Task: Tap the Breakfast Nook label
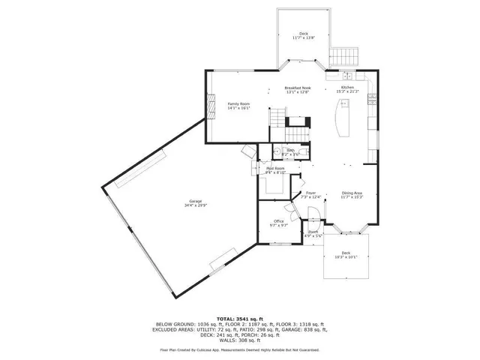(297, 88)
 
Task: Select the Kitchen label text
(347, 88)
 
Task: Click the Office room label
(278, 220)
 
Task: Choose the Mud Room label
(274, 169)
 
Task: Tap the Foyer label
(311, 193)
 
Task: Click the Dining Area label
(352, 193)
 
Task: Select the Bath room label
(289, 150)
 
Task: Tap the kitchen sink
(347, 76)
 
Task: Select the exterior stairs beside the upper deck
(346, 55)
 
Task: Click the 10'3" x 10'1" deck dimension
(346, 256)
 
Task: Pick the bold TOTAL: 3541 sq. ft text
(240, 318)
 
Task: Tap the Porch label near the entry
(313, 232)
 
